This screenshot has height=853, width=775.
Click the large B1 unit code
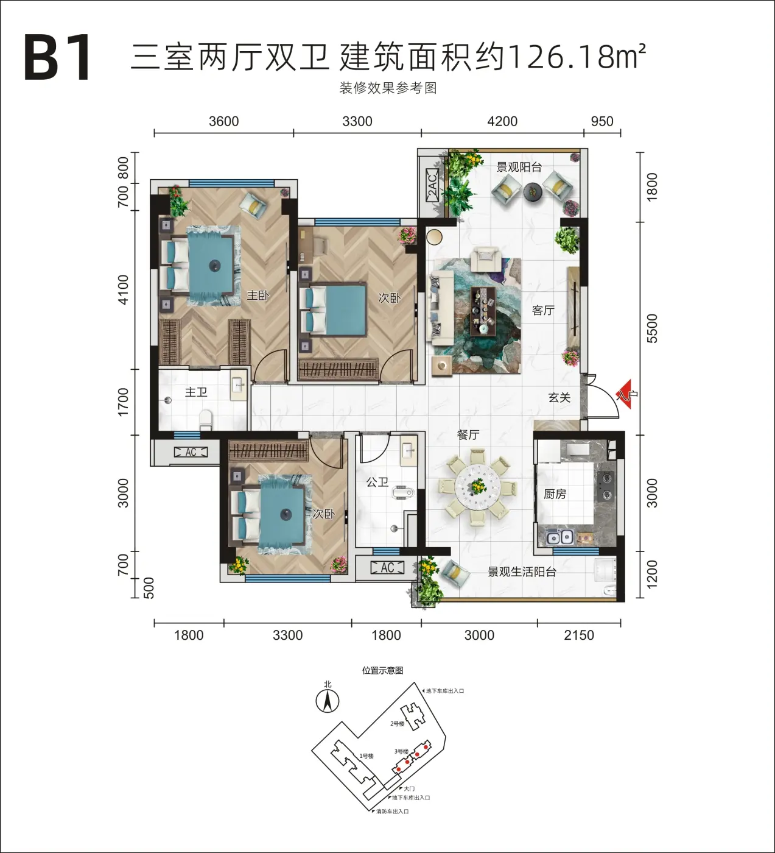click(x=58, y=58)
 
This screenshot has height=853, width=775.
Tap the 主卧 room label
click(x=258, y=295)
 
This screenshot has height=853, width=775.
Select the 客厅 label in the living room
click(x=543, y=310)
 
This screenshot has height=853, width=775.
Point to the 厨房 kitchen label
click(x=555, y=494)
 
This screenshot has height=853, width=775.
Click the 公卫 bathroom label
click(x=377, y=482)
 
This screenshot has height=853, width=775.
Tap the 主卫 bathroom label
click(x=196, y=392)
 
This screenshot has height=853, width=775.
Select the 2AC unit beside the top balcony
click(x=432, y=185)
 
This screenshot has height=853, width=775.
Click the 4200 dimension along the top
click(x=502, y=122)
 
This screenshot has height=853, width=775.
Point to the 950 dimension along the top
click(x=602, y=122)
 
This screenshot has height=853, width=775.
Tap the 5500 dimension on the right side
click(x=652, y=328)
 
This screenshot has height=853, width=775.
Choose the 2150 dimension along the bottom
click(x=579, y=635)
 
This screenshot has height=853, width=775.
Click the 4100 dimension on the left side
click(x=123, y=289)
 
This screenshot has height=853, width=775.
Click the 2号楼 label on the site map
click(x=398, y=723)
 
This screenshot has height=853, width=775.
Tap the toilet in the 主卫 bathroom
click(x=206, y=419)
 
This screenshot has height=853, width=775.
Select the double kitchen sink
click(x=560, y=537)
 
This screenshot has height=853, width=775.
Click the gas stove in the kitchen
click(x=606, y=486)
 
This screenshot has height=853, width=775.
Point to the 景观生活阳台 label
click(x=522, y=572)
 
